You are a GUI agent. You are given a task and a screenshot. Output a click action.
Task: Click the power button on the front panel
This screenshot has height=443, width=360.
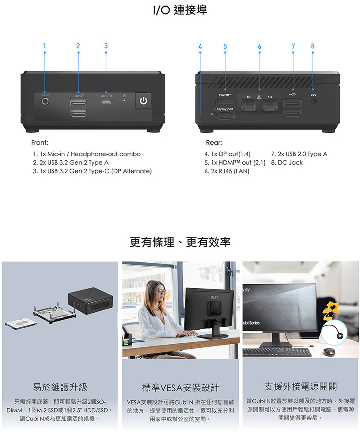(144, 101)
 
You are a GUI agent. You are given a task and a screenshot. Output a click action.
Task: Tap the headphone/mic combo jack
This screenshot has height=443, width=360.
(45, 101)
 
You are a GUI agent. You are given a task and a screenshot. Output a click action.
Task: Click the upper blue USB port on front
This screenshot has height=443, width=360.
(78, 102)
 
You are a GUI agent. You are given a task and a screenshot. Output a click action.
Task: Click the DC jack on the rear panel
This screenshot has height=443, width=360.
(313, 101)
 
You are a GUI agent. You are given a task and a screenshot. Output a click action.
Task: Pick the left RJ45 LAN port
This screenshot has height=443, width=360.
(248, 105)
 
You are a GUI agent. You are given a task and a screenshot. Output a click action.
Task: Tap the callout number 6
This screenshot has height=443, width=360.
(260, 46)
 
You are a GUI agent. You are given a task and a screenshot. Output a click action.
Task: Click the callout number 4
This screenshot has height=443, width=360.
(200, 46)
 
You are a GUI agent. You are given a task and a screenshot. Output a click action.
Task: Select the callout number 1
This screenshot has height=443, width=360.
(44, 46)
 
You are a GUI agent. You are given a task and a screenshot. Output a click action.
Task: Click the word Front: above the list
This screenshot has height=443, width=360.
(40, 143)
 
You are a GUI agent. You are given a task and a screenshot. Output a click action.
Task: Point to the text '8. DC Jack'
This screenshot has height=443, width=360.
(287, 163)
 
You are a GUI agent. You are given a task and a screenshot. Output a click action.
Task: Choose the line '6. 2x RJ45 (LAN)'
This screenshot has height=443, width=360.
(227, 171)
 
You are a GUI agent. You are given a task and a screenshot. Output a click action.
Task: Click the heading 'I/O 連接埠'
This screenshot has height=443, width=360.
(180, 10)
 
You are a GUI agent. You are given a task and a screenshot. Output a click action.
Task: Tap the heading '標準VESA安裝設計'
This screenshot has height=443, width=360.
(180, 388)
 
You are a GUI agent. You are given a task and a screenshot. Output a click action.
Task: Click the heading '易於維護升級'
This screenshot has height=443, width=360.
(60, 387)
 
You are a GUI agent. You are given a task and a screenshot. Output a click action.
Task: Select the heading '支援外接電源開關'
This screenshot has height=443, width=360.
(300, 387)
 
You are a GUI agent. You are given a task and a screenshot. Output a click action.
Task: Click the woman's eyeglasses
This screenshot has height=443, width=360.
(160, 291)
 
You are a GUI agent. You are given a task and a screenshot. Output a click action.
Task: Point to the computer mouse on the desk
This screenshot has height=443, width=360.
(329, 351)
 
